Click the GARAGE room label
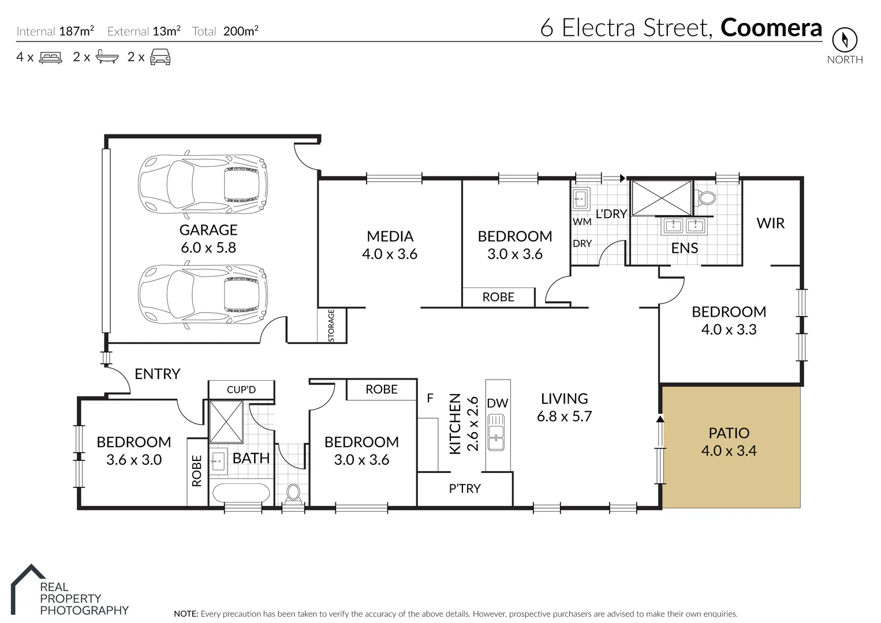pos(208,230)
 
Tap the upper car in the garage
pos(203,183)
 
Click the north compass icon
pos(845,40)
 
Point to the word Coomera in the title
pos(771,28)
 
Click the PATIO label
pos(729,433)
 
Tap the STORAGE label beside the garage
pos(331,326)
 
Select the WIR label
pos(770,223)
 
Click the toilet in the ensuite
pos(705,198)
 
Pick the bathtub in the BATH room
pos(241,493)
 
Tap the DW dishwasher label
pos(497,403)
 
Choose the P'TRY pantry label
pos(465,489)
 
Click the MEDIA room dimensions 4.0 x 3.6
pos(390,254)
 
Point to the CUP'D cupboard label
pos(241,390)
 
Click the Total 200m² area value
pos(240,31)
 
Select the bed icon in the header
pos(51,57)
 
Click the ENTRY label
pos(157,374)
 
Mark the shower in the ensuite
pos(661,198)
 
